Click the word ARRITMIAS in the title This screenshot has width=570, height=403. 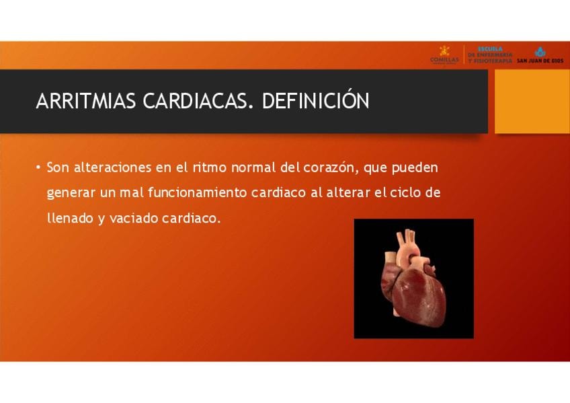(x=86, y=101)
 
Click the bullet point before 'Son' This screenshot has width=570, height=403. (x=38, y=168)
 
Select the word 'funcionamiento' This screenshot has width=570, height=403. (x=198, y=192)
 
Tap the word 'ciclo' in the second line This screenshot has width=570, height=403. (x=404, y=192)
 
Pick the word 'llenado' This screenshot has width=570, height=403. (x=70, y=218)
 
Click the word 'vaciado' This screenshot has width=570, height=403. (x=134, y=218)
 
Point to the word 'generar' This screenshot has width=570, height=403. (x=71, y=193)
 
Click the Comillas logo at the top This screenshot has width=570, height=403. (x=444, y=55)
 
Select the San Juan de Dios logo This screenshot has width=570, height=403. (x=540, y=55)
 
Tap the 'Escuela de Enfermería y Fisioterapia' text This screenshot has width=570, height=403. (x=490, y=55)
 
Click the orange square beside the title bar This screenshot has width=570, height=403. (x=532, y=102)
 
